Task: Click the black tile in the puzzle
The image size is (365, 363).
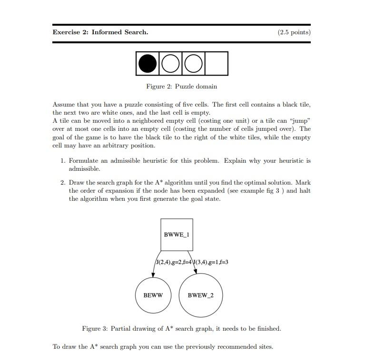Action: (x=148, y=64)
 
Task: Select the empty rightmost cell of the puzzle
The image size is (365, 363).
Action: (x=217, y=64)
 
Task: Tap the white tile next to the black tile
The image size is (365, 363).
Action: (x=170, y=64)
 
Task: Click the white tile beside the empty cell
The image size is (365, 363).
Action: (x=193, y=64)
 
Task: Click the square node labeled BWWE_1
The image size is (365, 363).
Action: (x=177, y=235)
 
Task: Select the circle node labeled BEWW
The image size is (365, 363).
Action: (x=153, y=295)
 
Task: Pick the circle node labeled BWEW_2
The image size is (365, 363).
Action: (x=200, y=295)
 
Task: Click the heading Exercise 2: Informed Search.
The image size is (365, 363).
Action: (x=100, y=32)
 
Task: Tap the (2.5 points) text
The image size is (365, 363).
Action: (x=294, y=32)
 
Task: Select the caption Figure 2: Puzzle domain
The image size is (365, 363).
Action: (x=181, y=87)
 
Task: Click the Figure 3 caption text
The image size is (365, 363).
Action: (x=181, y=329)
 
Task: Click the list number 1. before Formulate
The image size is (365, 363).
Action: (x=63, y=161)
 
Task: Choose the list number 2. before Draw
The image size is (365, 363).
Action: (x=63, y=182)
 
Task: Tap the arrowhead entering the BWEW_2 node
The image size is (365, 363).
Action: (x=196, y=272)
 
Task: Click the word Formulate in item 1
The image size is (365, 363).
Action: (x=84, y=161)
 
